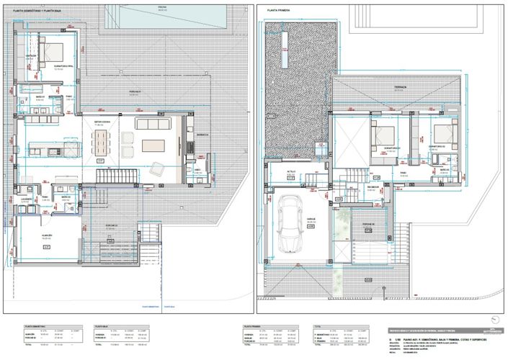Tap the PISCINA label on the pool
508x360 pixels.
pos(161,6)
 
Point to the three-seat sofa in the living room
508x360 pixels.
pos(153,125)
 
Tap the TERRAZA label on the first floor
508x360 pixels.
pos(399,86)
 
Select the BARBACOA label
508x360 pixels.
pos(202,133)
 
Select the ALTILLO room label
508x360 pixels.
pos(292,171)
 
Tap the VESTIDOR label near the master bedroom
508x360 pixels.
pos(31,55)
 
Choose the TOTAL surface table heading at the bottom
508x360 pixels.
pos(317,325)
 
